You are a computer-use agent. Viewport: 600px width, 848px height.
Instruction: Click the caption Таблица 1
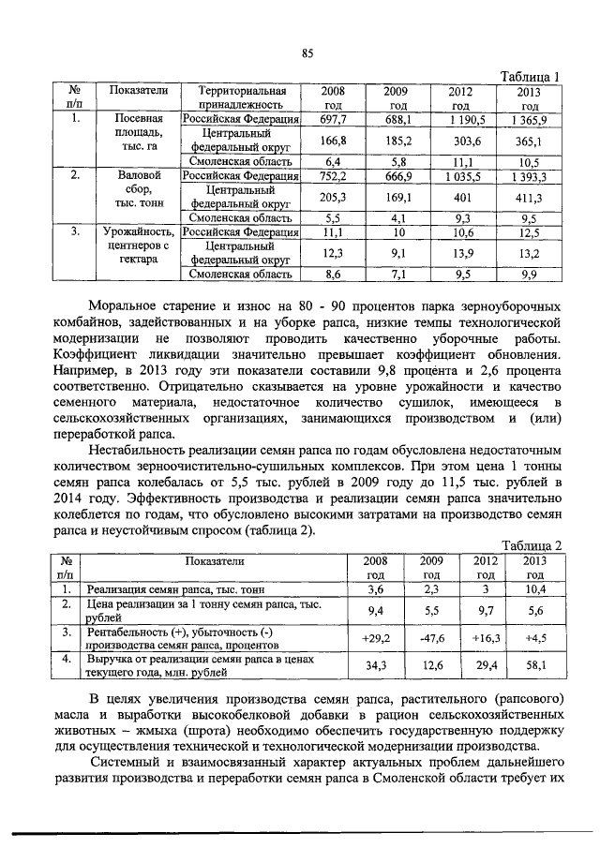tap(531, 77)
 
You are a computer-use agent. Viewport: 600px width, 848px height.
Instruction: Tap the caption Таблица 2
tap(531, 545)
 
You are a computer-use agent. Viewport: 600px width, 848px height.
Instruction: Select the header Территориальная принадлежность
tap(241, 98)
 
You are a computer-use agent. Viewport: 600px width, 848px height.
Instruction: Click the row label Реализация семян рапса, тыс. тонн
tap(175, 590)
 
